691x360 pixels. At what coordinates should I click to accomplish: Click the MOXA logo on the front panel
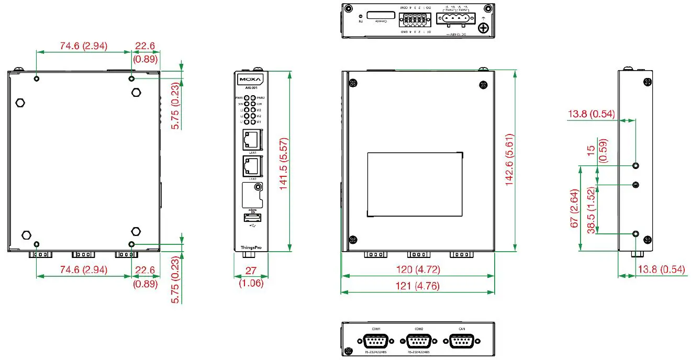coord(251,81)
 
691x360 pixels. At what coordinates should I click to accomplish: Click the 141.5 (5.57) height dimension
coord(283,161)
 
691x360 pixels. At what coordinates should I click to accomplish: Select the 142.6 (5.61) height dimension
coord(509,161)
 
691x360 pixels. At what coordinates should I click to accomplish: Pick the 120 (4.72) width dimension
coord(418,270)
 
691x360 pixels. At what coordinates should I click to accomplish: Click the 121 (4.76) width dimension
coord(418,286)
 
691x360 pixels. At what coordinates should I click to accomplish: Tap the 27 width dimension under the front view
coord(251,271)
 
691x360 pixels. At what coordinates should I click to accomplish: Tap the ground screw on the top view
coord(484,27)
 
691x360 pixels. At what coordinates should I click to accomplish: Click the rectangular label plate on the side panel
coord(415,184)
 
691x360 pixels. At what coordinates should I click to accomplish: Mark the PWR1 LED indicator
coord(247,98)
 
